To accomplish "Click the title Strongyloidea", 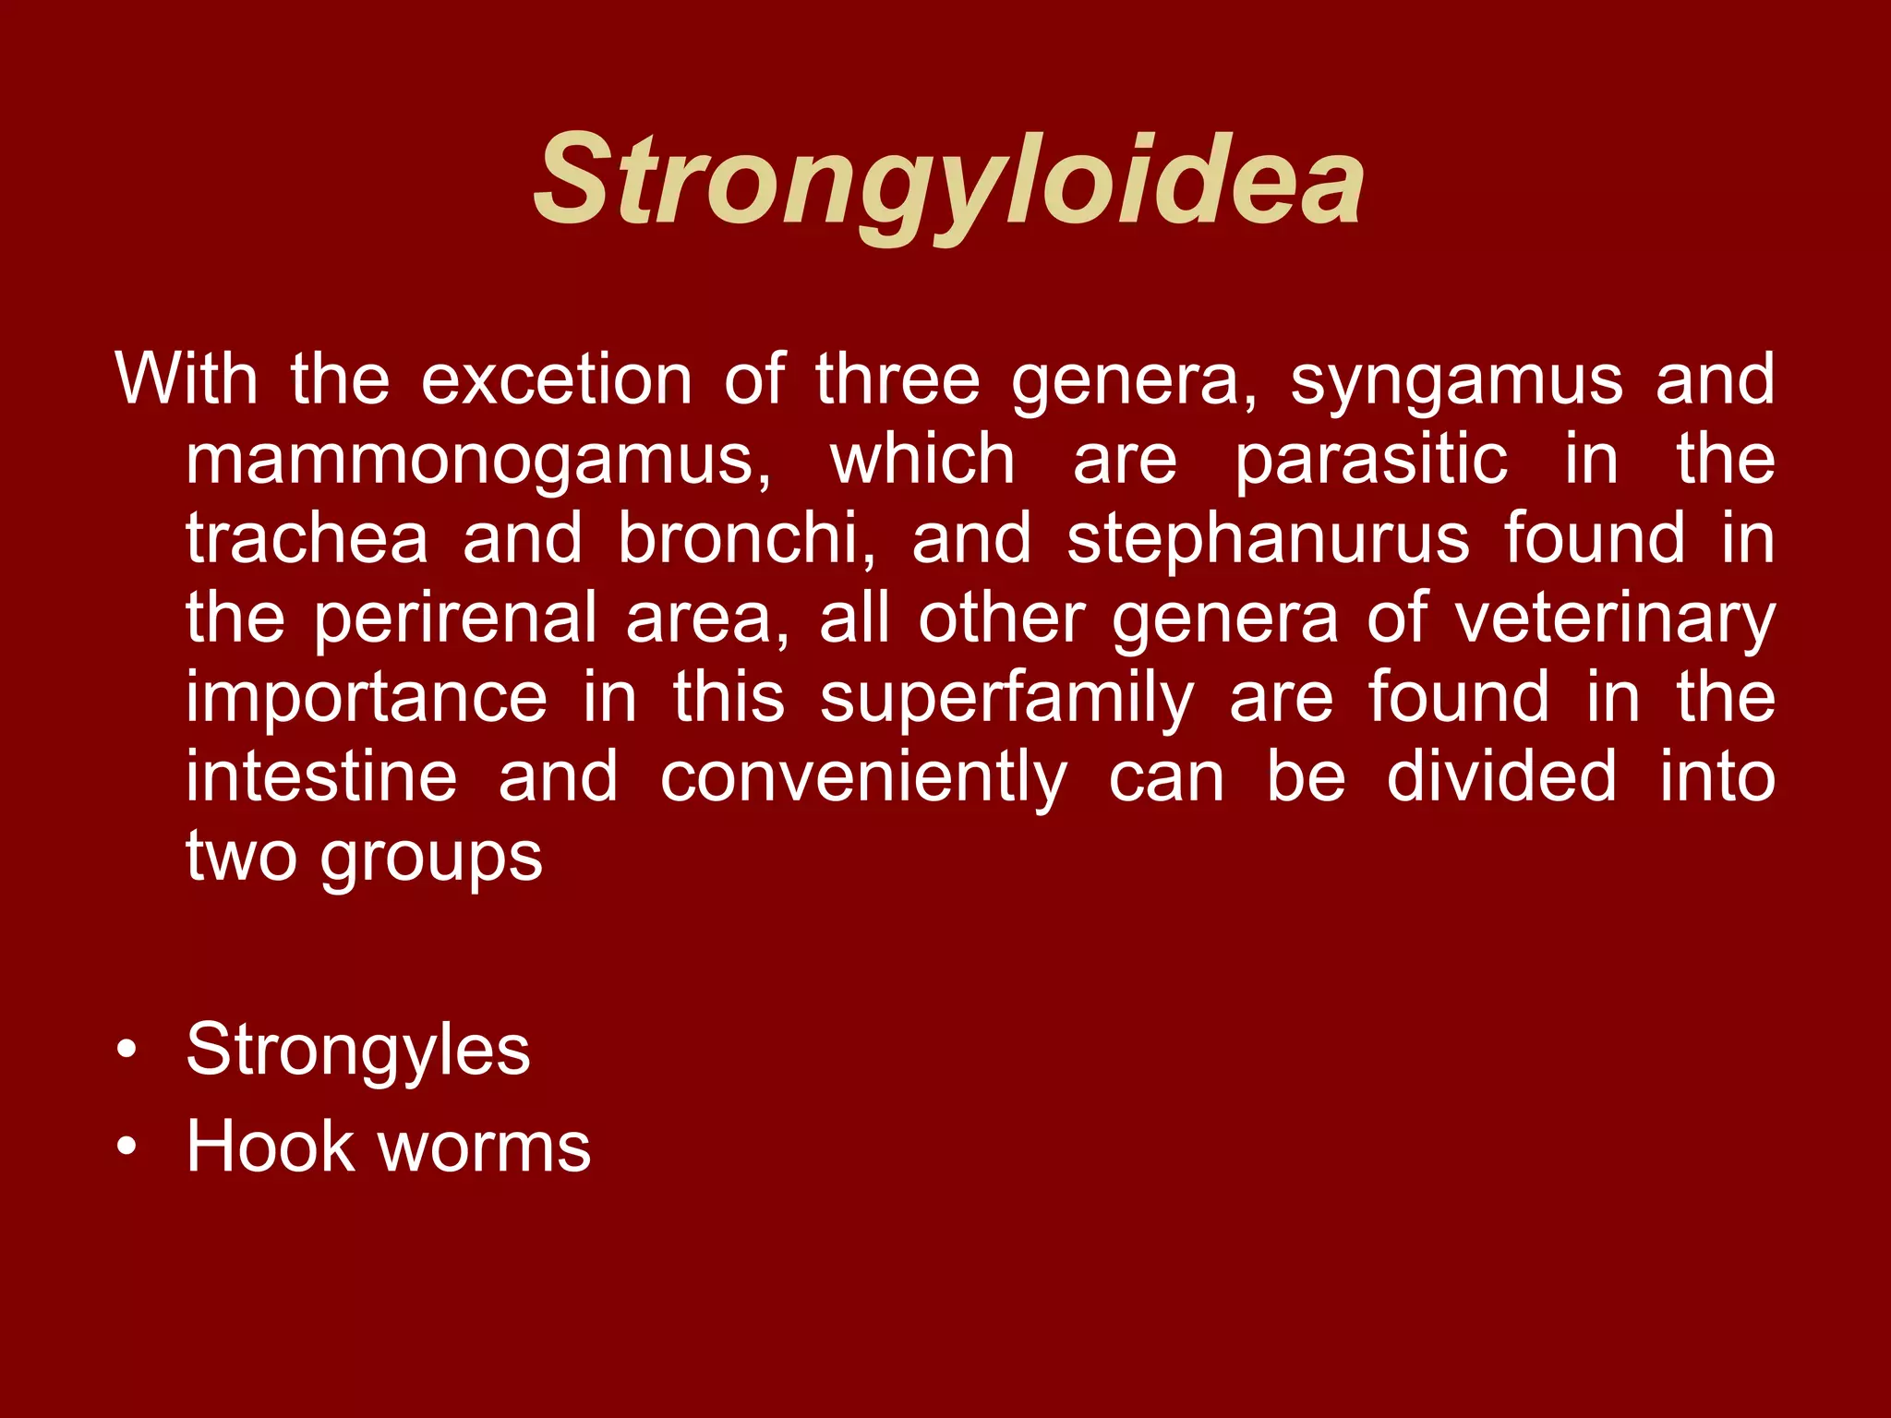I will tap(948, 180).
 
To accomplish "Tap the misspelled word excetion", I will tap(556, 379).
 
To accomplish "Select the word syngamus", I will tap(1456, 379).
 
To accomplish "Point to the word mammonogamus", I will tap(477, 459).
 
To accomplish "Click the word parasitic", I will tap(1371, 459).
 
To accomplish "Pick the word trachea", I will tap(307, 538).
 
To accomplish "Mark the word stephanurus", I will tap(1268, 538).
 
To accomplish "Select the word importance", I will tap(367, 697).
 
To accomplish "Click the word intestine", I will tap(321, 776).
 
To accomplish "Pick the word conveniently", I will tap(863, 776).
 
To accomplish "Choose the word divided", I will tap(1501, 776).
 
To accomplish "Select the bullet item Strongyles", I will tap(358, 1050).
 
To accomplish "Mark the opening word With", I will tap(186, 379).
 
